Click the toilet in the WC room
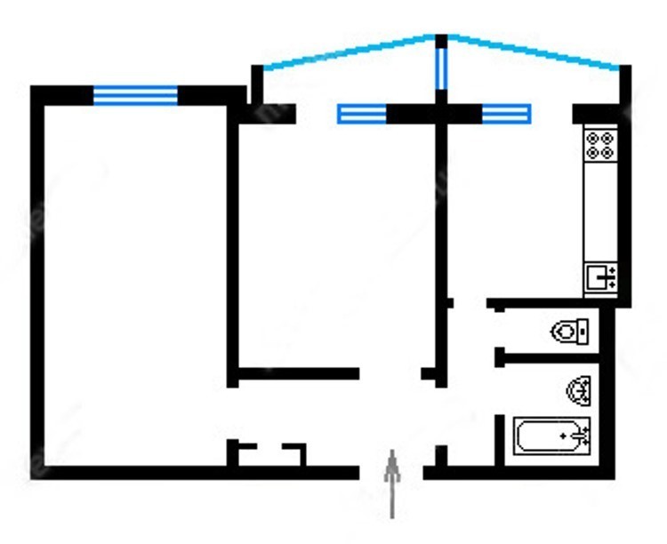point(569,332)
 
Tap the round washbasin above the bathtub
point(580,389)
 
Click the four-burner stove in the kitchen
point(601,144)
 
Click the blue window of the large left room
point(136,95)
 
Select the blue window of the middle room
point(362,114)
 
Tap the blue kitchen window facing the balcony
point(506,114)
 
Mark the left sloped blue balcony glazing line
point(347,52)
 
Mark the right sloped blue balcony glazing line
point(534,52)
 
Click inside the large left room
point(133,284)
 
